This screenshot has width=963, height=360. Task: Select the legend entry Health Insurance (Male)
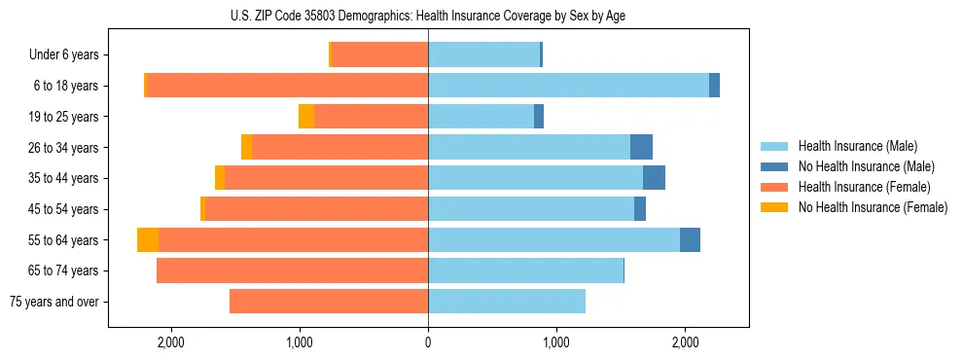click(x=856, y=146)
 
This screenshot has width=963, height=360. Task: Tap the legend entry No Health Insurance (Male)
click(x=864, y=166)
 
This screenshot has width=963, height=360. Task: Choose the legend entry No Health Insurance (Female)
click(x=872, y=207)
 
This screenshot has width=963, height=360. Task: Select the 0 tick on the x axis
click(x=428, y=342)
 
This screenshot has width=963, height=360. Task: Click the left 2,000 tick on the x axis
click(x=170, y=342)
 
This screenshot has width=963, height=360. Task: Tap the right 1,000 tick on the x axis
click(x=556, y=342)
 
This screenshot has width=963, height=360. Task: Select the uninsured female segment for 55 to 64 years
click(x=148, y=239)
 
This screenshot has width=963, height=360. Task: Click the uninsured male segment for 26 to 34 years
click(x=641, y=147)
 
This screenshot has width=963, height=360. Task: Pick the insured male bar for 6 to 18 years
click(x=568, y=86)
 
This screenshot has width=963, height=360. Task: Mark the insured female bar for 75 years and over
click(x=329, y=302)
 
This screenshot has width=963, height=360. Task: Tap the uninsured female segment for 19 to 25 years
click(x=306, y=117)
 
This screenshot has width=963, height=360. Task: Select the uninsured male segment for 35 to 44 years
click(x=654, y=178)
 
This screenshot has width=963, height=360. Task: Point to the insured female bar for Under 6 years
click(x=380, y=55)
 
